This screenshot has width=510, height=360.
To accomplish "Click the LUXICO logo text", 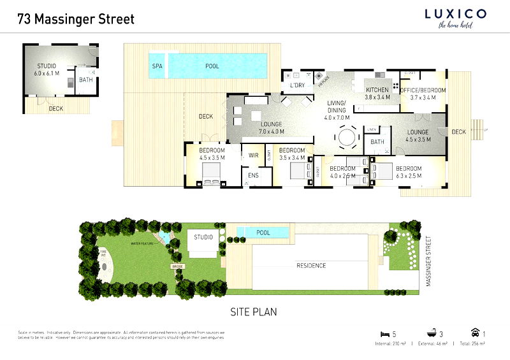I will (x=455, y=13).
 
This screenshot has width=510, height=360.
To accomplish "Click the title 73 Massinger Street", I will (x=76, y=19).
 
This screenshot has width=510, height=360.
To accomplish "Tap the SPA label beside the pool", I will (x=157, y=66).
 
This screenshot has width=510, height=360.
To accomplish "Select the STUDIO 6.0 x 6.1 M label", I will (x=46, y=69).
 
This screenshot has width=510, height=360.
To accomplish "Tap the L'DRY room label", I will (x=296, y=85).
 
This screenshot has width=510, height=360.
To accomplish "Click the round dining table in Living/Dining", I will (x=348, y=136).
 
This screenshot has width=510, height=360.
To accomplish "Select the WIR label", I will (x=253, y=155).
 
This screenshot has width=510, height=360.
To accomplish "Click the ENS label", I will (x=253, y=176).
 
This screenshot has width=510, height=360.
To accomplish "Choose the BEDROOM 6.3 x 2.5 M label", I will (x=404, y=173).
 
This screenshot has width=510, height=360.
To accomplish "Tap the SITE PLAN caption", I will (x=253, y=312).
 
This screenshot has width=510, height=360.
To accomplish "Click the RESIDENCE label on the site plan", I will (x=312, y=266).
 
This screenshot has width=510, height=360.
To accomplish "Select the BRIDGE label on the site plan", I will (x=177, y=266).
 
